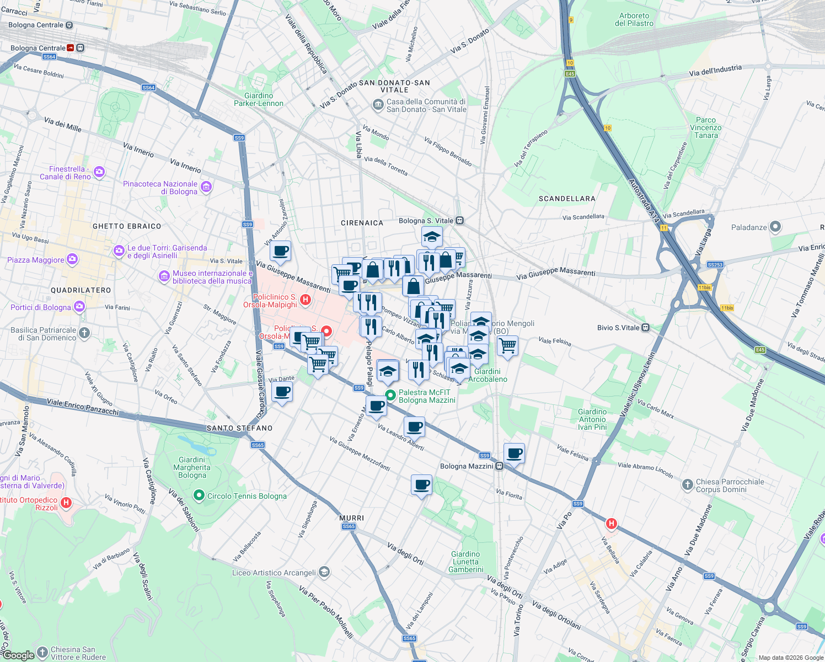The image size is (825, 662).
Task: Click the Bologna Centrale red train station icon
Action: pyautogui.click(x=71, y=48)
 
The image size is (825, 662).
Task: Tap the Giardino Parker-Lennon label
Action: pyautogui.click(x=258, y=99)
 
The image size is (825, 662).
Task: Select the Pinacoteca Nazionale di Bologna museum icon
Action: pyautogui.click(x=206, y=187)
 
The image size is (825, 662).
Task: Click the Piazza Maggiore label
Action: pyautogui.click(x=36, y=260)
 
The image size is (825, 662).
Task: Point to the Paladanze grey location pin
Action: pyautogui.click(x=775, y=227)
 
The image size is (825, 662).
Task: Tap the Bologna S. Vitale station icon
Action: pyautogui.click(x=459, y=221)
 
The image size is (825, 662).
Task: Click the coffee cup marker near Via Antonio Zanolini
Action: pyautogui.click(x=280, y=251)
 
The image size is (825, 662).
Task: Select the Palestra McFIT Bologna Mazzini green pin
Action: pyautogui.click(x=390, y=396)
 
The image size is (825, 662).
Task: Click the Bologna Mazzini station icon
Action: pyautogui.click(x=499, y=466)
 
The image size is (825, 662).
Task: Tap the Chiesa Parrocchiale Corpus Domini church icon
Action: pyautogui.click(x=687, y=485)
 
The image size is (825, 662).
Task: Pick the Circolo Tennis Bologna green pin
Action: pyautogui.click(x=199, y=495)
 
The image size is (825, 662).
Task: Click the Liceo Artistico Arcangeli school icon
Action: pyautogui.click(x=324, y=572)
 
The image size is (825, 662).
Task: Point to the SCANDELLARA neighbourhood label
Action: pyautogui.click(x=567, y=199)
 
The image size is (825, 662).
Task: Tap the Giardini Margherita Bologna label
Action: pyautogui.click(x=192, y=467)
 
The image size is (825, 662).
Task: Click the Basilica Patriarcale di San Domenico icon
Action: pyautogui.click(x=84, y=333)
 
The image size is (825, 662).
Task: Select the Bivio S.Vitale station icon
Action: pyautogui.click(x=645, y=328)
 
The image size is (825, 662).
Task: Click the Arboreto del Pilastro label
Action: pyautogui.click(x=634, y=19)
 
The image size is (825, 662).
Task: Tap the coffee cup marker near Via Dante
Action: pyautogui.click(x=282, y=392)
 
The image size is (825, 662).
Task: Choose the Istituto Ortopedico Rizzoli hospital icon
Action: pyautogui.click(x=66, y=503)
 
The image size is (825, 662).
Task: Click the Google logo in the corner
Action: pyautogui.click(x=19, y=655)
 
